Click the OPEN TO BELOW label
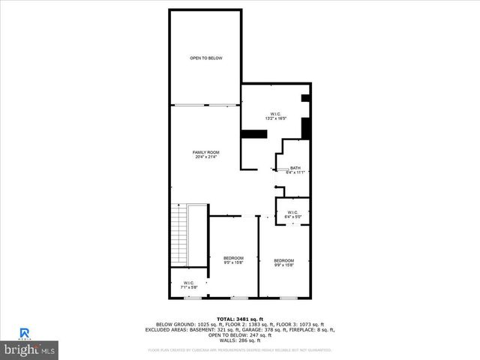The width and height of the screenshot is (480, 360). coord(205,58)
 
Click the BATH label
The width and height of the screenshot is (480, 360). coord(295,168)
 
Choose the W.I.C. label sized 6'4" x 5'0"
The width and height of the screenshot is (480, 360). coord(293,214)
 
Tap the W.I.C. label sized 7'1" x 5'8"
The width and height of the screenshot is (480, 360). coord(188,285)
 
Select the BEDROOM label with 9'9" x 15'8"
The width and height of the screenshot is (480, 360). coord(283,261)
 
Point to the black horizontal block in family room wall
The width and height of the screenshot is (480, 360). coord(254,134)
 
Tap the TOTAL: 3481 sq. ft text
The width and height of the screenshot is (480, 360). coord(239,318)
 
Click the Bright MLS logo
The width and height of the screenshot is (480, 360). coord(29,349)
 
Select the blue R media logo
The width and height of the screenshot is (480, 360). coord(25,332)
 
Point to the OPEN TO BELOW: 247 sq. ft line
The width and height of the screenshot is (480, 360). coord(239,334)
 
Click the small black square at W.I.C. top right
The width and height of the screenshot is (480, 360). coord(305,97)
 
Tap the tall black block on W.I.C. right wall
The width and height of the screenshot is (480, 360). coord(306,127)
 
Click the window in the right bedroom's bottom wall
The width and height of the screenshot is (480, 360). coord(288,298)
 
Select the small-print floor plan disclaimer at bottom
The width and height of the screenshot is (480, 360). coord(240,349)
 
